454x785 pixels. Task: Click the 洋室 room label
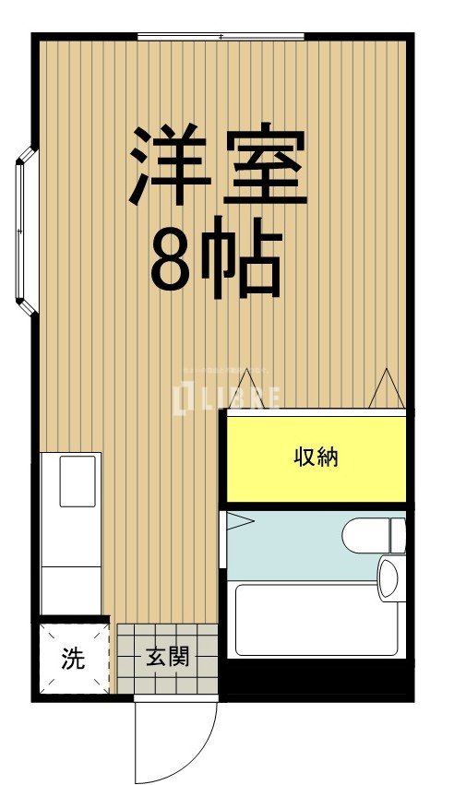(218, 166)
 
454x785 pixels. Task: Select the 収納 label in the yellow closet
(316, 456)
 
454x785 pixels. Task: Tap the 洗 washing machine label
(72, 659)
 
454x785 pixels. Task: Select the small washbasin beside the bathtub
(388, 579)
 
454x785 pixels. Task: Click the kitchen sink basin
(78, 480)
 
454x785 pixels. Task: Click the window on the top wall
(221, 37)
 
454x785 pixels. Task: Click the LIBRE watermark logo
(227, 398)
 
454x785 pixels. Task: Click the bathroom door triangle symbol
(239, 521)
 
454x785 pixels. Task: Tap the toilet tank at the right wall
(398, 535)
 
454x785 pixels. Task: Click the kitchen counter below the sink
(71, 572)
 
